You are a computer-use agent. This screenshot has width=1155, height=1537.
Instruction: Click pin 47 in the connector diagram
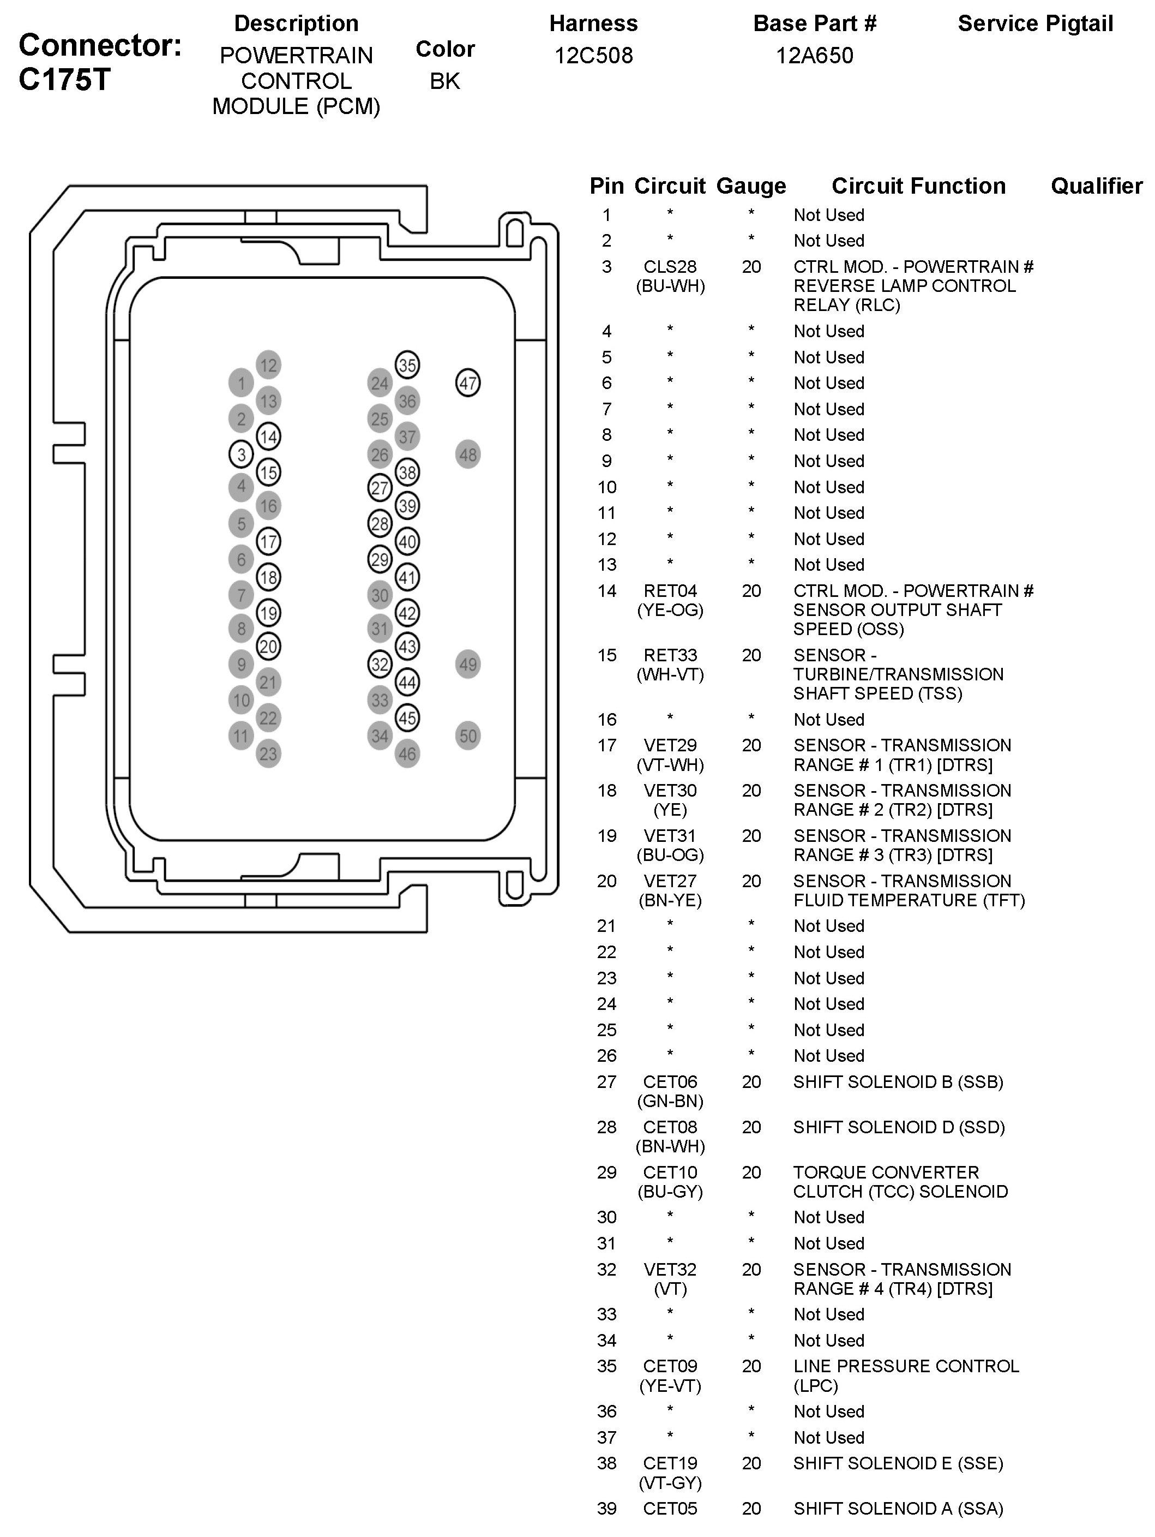click(x=467, y=383)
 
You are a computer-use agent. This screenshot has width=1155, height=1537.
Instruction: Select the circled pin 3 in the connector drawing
click(x=241, y=454)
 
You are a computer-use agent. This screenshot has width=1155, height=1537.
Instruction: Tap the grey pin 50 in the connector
click(x=467, y=736)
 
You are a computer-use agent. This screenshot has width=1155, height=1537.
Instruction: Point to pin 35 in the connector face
click(x=407, y=365)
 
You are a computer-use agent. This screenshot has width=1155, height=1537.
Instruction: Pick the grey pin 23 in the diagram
click(x=268, y=754)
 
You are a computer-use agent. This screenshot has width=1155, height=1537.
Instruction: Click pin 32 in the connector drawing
click(x=379, y=664)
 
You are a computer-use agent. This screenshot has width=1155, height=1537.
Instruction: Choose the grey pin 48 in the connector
click(x=467, y=454)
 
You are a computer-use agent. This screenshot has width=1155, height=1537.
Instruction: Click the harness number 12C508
click(x=593, y=56)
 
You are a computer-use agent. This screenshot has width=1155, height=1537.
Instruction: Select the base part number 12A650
click(x=814, y=56)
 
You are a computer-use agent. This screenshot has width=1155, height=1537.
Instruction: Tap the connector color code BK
click(x=444, y=81)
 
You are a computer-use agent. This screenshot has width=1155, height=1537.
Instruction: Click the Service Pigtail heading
click(x=1035, y=23)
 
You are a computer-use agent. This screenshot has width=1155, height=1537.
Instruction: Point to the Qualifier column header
click(x=1096, y=186)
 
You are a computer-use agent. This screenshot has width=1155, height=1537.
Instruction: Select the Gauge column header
click(x=751, y=186)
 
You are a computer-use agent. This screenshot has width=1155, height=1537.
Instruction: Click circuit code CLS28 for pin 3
click(x=670, y=267)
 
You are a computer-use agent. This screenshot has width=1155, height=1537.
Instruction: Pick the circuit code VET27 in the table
click(x=670, y=881)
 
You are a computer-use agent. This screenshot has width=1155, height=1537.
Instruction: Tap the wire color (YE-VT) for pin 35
click(x=670, y=1385)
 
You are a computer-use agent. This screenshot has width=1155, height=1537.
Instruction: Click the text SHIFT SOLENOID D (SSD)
click(x=899, y=1127)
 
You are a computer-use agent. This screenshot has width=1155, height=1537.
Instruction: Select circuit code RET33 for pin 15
click(x=670, y=655)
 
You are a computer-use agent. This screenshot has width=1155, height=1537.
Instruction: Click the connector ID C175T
click(x=64, y=80)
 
